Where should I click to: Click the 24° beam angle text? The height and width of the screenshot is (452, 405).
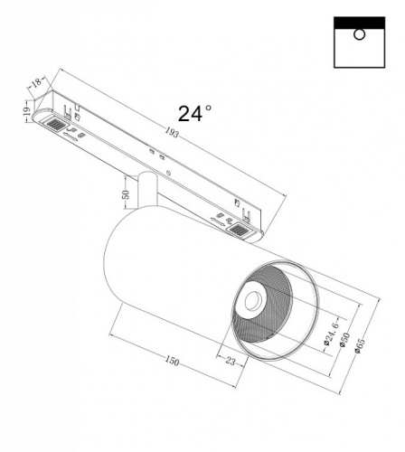[194, 113]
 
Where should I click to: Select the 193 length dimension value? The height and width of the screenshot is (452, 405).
[173, 133]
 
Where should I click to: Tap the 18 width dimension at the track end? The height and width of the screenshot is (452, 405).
[36, 83]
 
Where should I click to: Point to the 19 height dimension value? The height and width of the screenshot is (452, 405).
[27, 113]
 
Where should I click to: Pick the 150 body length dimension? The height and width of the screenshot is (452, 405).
[172, 362]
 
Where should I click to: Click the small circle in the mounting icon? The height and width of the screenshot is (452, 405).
[360, 35]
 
